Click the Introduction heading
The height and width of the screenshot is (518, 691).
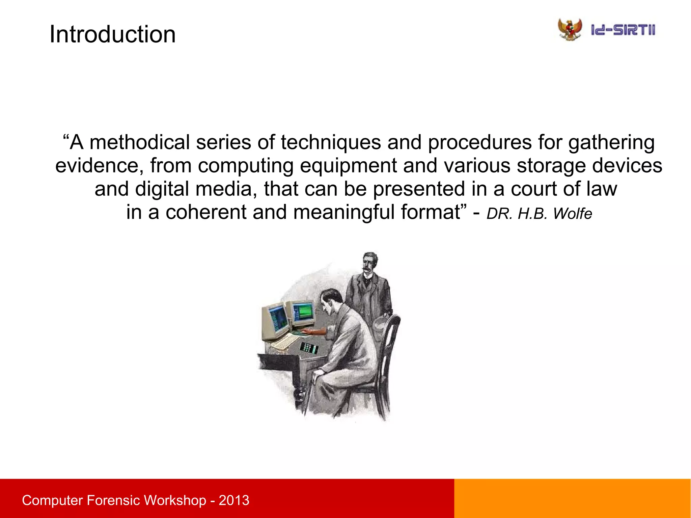[x=112, y=34]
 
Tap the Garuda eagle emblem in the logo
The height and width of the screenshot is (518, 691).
[x=570, y=30]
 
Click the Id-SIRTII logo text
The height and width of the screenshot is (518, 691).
[x=623, y=30]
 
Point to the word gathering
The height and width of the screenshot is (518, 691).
[x=611, y=142]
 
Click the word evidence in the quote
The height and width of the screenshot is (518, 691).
[x=97, y=166]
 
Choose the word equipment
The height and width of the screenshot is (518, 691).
[x=348, y=166]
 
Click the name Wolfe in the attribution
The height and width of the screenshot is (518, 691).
[x=572, y=214]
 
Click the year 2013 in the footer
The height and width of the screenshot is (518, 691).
[x=234, y=500]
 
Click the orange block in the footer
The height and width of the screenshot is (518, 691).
[x=572, y=498]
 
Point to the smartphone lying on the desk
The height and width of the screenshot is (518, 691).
[x=309, y=347]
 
